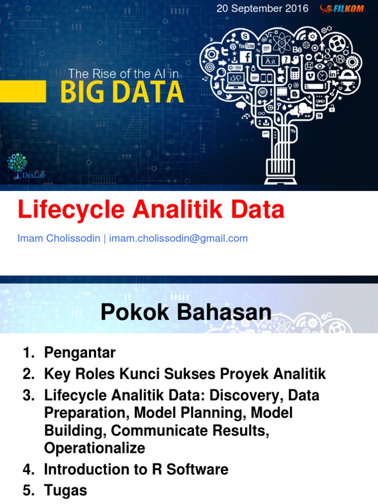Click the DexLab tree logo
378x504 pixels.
[18, 165]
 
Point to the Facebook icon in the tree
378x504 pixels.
[246, 56]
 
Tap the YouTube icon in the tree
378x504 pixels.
[246, 46]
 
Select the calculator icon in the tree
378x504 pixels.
[295, 73]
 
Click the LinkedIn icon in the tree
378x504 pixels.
[332, 74]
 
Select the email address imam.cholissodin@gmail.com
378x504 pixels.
[178, 239]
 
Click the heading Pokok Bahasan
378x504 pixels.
[186, 312]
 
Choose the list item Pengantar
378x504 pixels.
[80, 352]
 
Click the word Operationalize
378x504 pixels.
[94, 448]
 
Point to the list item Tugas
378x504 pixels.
[65, 490]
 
